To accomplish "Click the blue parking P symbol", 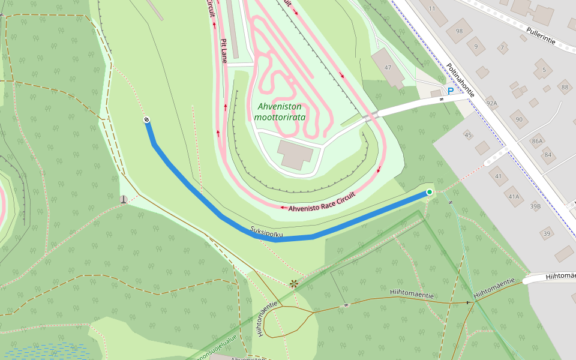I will [450, 91].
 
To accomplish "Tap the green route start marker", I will [429, 192].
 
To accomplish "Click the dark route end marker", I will [146, 121].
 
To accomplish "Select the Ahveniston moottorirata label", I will [280, 112].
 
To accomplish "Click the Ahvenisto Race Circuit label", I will [322, 202].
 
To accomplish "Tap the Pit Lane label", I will [224, 52].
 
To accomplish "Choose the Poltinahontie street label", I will [460, 80].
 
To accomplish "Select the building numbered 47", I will [388, 67].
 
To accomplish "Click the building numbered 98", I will [459, 31].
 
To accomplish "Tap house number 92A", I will [491, 102].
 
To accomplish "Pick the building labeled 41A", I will [513, 196].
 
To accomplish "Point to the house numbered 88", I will [564, 88].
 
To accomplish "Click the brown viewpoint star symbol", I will [293, 283].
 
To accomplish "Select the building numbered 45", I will [469, 135].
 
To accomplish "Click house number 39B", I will [535, 206].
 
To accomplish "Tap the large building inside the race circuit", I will [295, 154].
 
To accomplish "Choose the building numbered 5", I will [544, 70].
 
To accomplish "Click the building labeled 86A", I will [537, 141].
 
